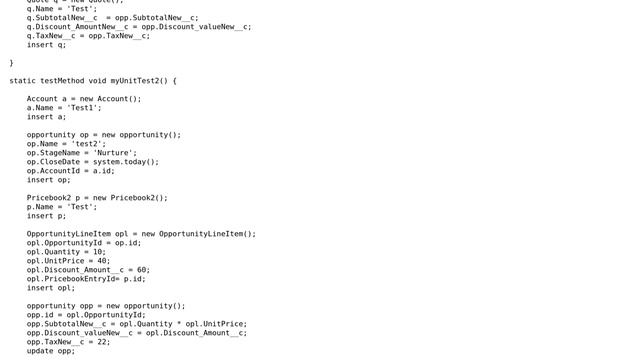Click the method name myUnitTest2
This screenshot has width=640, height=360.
(134, 81)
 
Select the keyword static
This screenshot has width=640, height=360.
(23, 81)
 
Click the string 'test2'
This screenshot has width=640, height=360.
(88, 144)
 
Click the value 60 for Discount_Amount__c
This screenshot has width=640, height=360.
(143, 270)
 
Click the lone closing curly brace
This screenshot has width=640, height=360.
(11, 63)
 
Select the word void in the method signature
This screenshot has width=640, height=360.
(97, 81)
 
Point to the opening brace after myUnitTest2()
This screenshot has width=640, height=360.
(174, 81)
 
